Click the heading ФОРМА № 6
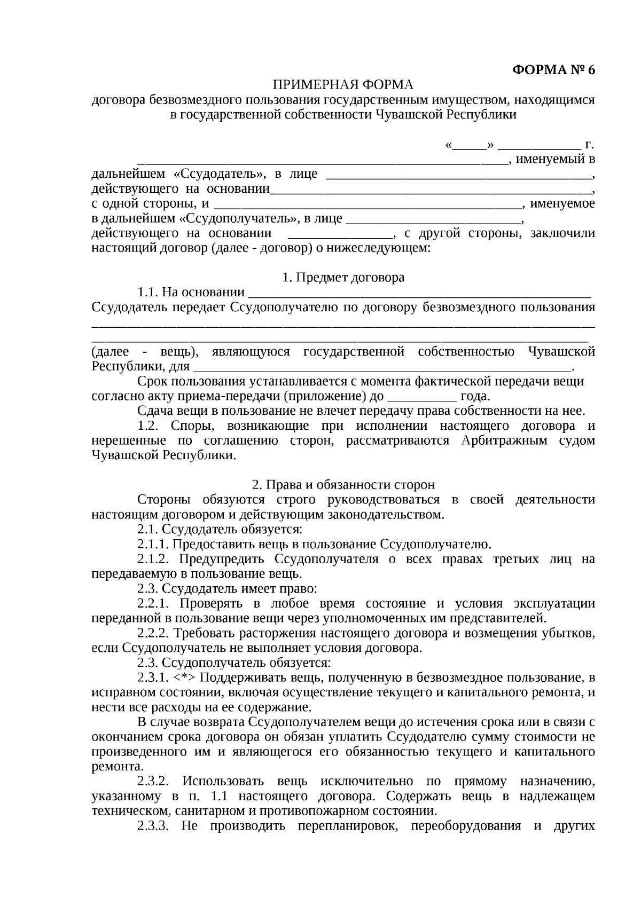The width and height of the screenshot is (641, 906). tap(553, 70)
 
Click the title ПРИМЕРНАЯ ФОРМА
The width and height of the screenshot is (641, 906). tap(343, 85)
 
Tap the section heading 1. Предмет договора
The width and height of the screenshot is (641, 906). tap(343, 278)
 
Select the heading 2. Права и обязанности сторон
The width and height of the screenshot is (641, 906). tap(343, 485)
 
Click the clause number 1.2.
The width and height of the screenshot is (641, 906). tap(149, 426)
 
